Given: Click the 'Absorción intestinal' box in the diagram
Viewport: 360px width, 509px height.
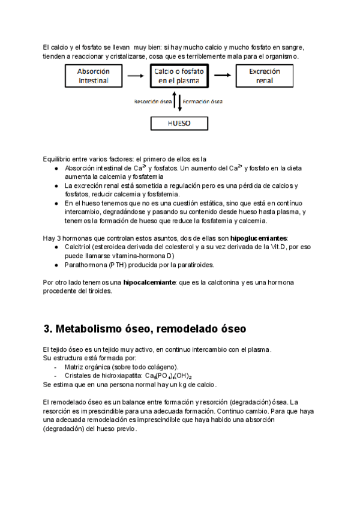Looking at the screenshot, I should [x=94, y=76].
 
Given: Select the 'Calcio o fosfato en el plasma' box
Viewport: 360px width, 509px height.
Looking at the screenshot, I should [x=179, y=76].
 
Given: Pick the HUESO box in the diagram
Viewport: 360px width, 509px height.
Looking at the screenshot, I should [x=179, y=123].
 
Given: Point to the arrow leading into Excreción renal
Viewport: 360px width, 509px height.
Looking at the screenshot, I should [x=222, y=76].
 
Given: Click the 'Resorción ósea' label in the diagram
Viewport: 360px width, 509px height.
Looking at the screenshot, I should [x=152, y=101].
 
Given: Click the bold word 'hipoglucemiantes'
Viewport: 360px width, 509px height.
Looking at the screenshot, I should [x=259, y=238].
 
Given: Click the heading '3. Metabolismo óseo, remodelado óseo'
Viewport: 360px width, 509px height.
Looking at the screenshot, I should [x=145, y=329].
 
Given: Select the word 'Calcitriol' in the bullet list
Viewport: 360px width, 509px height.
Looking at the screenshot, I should [x=79, y=247].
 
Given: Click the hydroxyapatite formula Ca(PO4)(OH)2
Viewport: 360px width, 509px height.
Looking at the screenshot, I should [x=181, y=375].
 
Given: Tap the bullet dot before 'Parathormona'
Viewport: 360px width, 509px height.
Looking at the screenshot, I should [x=56, y=265].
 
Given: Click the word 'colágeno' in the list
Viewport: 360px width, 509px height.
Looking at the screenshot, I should [x=161, y=367].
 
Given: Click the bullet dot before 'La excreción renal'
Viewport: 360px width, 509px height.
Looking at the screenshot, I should [x=56, y=186].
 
